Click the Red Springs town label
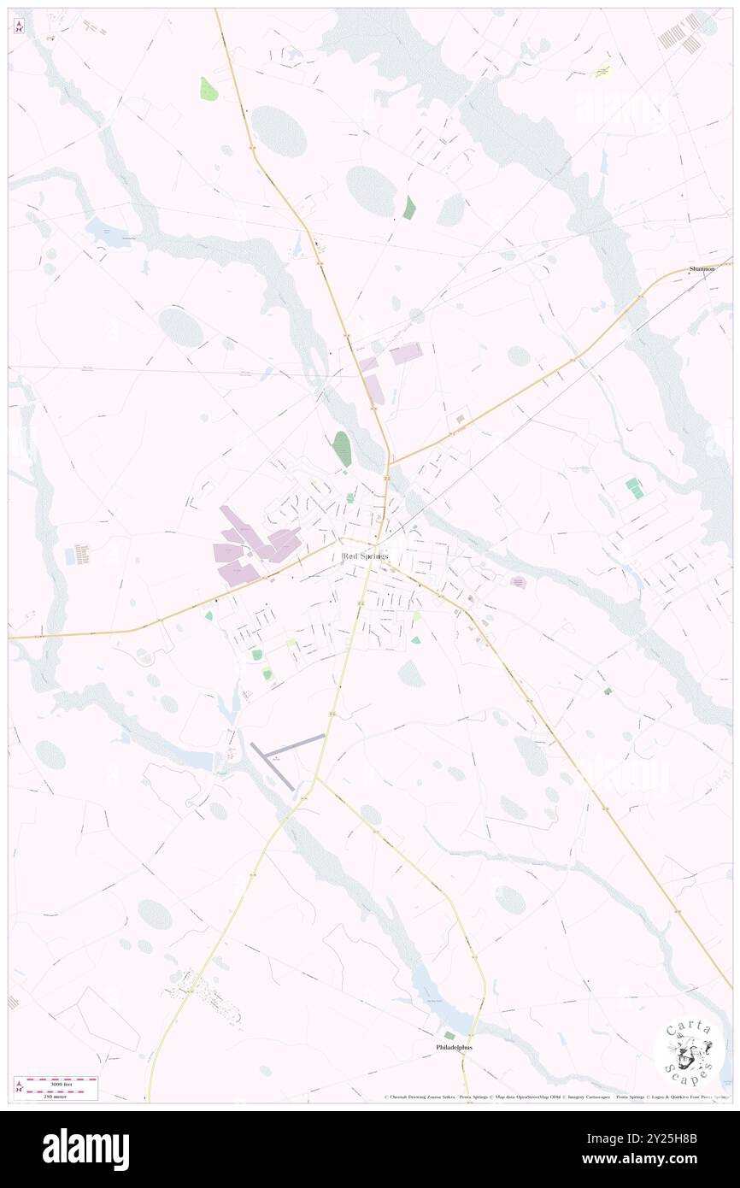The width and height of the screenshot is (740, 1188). click(364, 556)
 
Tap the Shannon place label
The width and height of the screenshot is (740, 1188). click(702, 269)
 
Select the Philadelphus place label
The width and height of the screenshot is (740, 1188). click(454, 1047)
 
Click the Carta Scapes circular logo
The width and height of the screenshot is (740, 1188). click(689, 1050)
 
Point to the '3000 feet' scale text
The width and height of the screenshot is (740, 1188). click(56, 1084)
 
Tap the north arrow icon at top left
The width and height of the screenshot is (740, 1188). click(20, 26)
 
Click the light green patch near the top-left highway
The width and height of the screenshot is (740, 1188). click(208, 89)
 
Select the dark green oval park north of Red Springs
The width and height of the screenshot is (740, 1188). click(342, 448)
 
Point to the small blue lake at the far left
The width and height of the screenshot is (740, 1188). click(108, 232)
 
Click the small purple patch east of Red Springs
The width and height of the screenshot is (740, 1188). click(518, 582)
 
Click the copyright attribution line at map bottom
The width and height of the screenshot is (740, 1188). click(555, 1097)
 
